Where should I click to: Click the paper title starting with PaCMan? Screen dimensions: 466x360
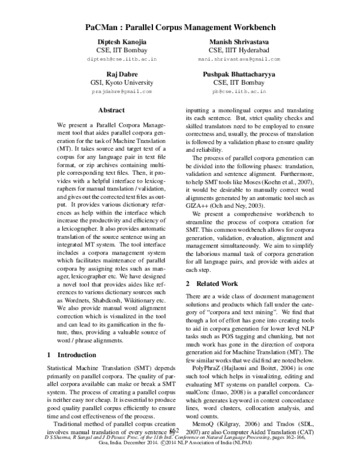[x=180, y=28]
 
